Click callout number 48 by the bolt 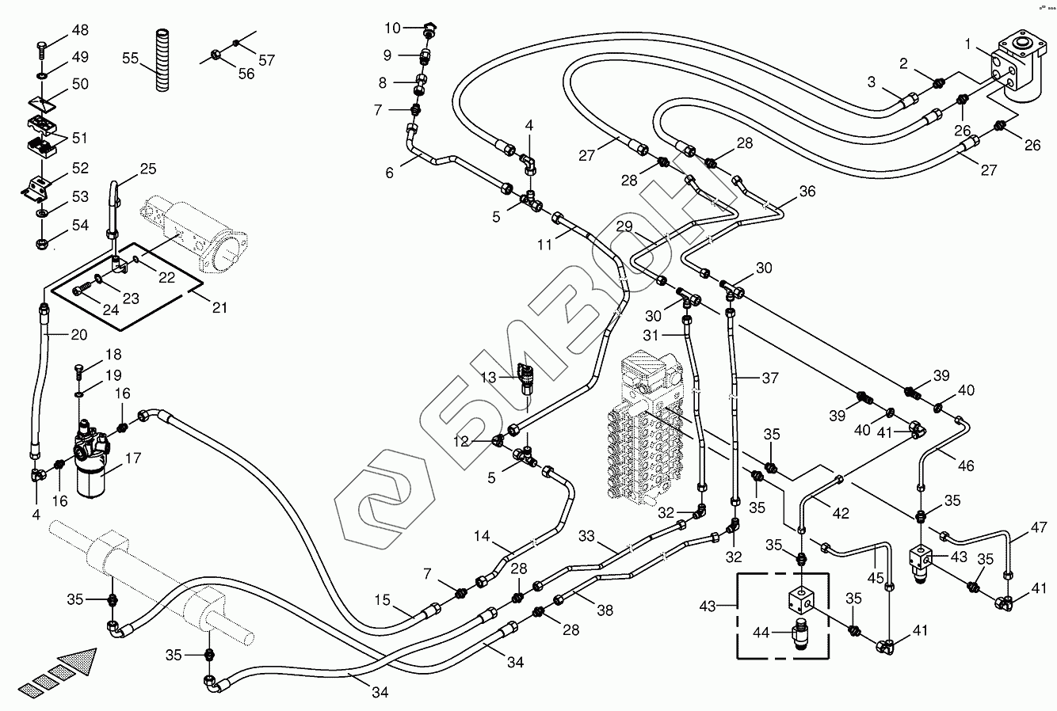coord(80,30)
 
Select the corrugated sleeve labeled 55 coord(162,62)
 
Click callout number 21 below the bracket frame coord(218,306)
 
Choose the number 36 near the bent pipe coord(807,191)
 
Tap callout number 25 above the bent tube coord(148,168)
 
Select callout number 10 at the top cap coord(393,29)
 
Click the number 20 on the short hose coord(78,334)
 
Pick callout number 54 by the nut coord(80,225)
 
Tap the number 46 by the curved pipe coord(965,466)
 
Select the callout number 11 coord(544,245)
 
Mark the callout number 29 coord(624,226)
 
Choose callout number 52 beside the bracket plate coord(80,168)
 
